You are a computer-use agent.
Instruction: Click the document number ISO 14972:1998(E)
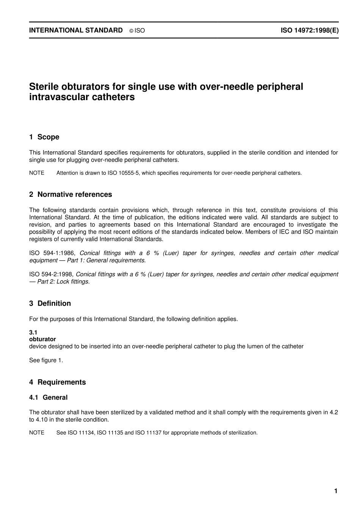[x=309, y=30]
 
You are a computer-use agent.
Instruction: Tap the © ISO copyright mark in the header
[x=137, y=31]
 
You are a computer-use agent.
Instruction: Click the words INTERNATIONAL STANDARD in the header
[x=76, y=30]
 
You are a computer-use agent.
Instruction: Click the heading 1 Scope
[x=44, y=137]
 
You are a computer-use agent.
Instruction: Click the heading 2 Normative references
[x=70, y=195]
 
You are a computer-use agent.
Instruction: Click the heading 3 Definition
[x=50, y=303]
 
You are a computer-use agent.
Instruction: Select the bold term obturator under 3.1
[x=42, y=339]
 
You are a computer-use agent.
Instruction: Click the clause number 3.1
[x=33, y=333]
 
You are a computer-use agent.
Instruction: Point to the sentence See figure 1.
[x=46, y=360]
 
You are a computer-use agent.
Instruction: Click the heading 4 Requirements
[x=58, y=382]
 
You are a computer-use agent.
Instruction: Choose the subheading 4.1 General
[x=49, y=397]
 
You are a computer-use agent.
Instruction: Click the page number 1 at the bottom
[x=336, y=491]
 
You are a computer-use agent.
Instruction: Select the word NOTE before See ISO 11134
[x=37, y=433]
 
